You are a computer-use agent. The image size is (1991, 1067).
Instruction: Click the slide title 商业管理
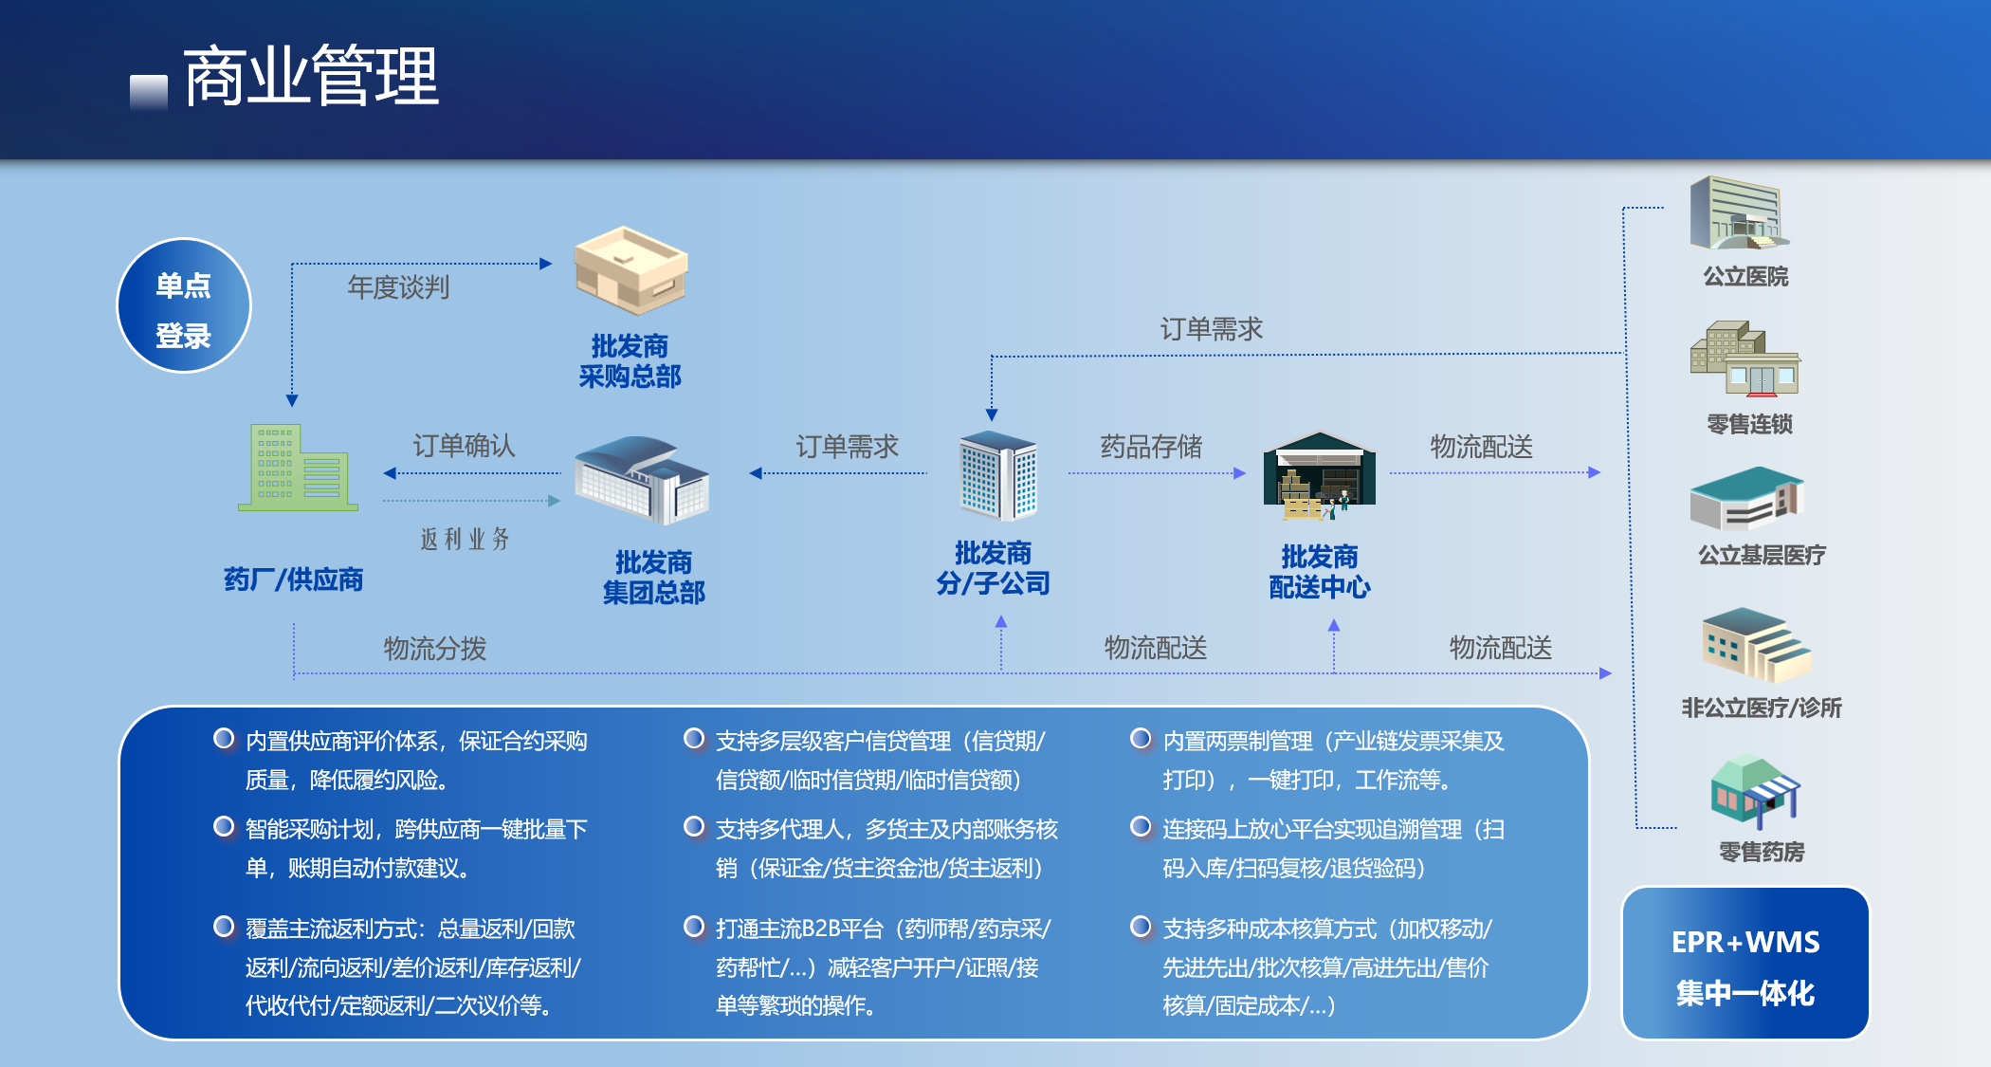pos(311,76)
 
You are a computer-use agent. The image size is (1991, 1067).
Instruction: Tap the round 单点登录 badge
pos(184,305)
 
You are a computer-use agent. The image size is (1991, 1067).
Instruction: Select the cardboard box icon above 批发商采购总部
pos(630,270)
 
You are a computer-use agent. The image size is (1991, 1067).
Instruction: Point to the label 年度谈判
pos(398,286)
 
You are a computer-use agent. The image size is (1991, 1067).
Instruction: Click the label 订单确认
pos(464,445)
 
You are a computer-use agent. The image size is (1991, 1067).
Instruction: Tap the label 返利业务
pos(465,539)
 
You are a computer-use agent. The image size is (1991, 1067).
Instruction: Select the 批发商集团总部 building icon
pos(642,480)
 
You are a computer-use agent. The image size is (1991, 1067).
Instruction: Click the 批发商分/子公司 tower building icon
pos(998,475)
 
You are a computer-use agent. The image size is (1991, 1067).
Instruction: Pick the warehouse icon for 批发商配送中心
pos(1319,475)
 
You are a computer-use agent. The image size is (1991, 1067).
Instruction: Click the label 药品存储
pos(1151,446)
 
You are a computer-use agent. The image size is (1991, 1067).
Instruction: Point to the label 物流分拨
pos(435,649)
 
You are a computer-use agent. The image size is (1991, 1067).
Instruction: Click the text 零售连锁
pos(1749,424)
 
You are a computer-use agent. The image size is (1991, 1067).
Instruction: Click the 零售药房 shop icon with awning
pos(1755,793)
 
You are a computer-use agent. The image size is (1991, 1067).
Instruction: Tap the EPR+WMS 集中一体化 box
pos(1745,963)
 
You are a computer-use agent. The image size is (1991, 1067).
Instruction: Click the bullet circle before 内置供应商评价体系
pos(224,738)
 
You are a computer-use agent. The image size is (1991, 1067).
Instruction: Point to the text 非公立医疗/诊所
pos(1762,708)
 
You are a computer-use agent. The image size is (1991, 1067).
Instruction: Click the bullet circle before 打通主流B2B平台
pos(694,926)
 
